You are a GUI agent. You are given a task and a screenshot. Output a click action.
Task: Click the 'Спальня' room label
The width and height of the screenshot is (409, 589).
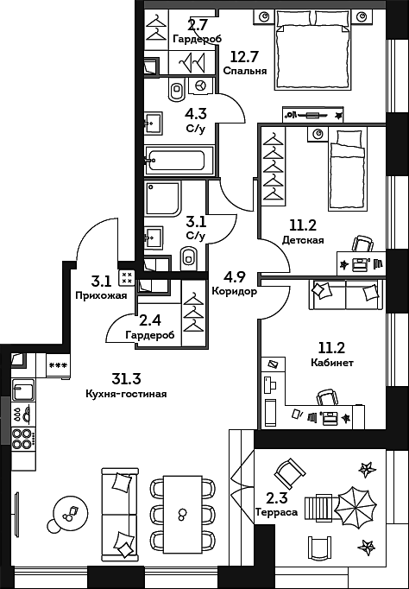pyautogui.click(x=245, y=71)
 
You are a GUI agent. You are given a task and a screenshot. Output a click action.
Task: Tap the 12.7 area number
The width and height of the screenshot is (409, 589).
pyautogui.click(x=244, y=58)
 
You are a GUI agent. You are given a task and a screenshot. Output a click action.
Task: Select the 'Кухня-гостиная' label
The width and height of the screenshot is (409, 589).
pyautogui.click(x=126, y=394)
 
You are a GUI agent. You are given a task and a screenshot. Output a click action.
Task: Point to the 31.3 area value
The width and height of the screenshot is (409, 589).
pyautogui.click(x=126, y=378)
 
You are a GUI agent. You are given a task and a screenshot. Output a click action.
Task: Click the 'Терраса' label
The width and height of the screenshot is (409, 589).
pyautogui.click(x=276, y=512)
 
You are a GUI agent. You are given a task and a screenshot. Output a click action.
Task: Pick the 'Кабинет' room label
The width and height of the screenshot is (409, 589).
pyautogui.click(x=332, y=364)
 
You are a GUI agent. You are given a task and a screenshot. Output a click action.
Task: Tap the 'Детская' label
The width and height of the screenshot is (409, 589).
pyautogui.click(x=303, y=240)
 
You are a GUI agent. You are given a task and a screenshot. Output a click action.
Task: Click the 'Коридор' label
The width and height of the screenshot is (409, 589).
pyautogui.click(x=235, y=292)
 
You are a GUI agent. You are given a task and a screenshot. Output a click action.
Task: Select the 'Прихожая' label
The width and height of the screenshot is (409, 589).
pyautogui.click(x=101, y=295)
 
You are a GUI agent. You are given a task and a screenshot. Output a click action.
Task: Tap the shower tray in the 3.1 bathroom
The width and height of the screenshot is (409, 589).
pyautogui.click(x=163, y=199)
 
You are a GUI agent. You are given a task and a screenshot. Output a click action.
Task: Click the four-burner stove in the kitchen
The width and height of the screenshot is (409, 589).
pyautogui.click(x=23, y=439)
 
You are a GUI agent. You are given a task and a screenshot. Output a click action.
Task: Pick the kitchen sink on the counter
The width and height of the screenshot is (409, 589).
pyautogui.click(x=23, y=389)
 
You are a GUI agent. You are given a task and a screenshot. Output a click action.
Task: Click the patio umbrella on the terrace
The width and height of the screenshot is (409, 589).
pyautogui.click(x=355, y=508)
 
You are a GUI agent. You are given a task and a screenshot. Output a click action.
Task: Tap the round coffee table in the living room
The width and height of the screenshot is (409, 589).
pyautogui.click(x=71, y=511)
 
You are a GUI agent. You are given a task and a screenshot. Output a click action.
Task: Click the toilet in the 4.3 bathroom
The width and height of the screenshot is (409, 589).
pyautogui.click(x=177, y=90)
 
